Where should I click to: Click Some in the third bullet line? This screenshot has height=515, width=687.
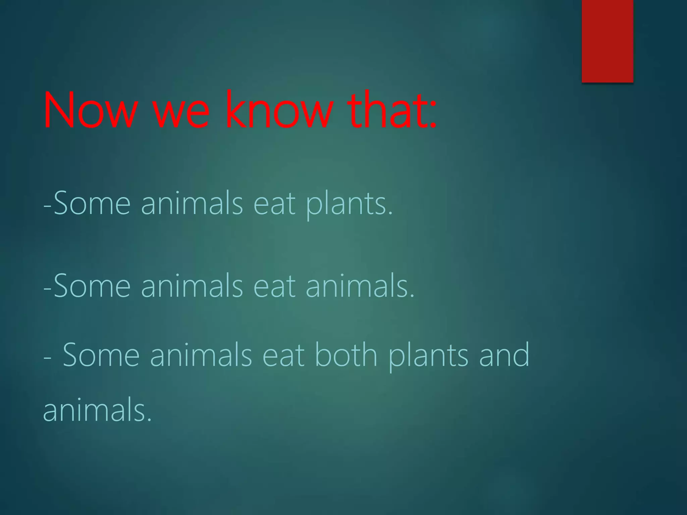(101, 355)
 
